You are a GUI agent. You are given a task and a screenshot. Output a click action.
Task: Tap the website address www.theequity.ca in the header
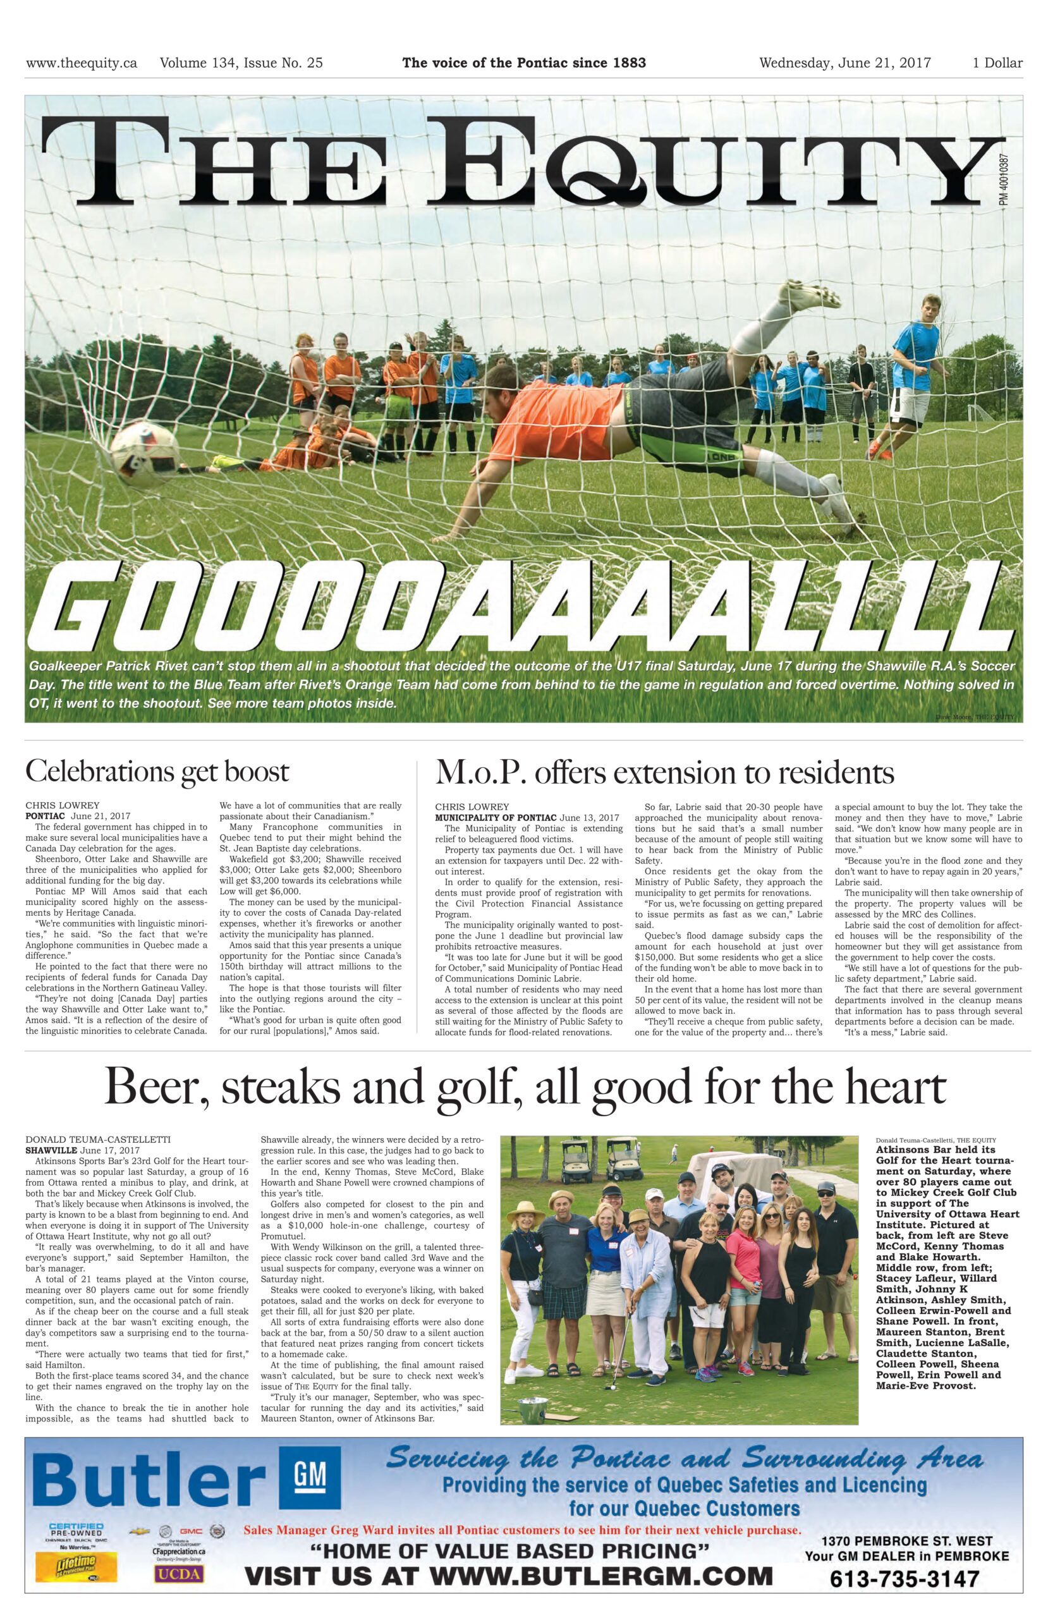click(82, 63)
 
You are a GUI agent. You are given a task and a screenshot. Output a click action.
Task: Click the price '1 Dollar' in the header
click(997, 63)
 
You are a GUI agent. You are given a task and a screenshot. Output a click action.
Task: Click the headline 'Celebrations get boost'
click(157, 772)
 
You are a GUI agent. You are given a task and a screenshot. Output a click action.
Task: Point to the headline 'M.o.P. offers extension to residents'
click(664, 772)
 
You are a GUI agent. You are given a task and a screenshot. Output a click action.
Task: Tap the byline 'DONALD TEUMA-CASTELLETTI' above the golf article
click(99, 1139)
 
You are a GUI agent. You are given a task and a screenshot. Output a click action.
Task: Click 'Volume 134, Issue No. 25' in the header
click(241, 63)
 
